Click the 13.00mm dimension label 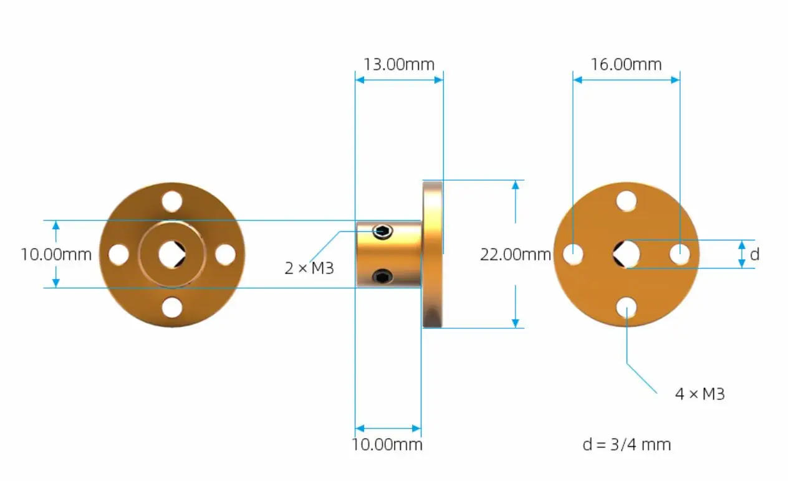pyautogui.click(x=399, y=64)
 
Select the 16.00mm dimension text pyautogui.click(x=626, y=64)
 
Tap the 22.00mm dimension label pyautogui.click(x=516, y=254)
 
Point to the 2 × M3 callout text pyautogui.click(x=309, y=269)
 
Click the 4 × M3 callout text pyautogui.click(x=700, y=394)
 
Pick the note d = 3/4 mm pyautogui.click(x=627, y=444)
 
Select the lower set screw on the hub pyautogui.click(x=383, y=275)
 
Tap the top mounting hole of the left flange pyautogui.click(x=171, y=201)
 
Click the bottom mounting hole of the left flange pyautogui.click(x=171, y=307)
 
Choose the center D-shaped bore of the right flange pyautogui.click(x=626, y=254)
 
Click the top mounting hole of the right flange pyautogui.click(x=627, y=201)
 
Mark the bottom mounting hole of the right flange pyautogui.click(x=627, y=307)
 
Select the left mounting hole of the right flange pyautogui.click(x=573, y=254)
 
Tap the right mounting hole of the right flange pyautogui.click(x=680, y=254)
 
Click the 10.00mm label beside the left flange pyautogui.click(x=56, y=254)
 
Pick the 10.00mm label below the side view pyautogui.click(x=387, y=444)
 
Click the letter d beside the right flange pyautogui.click(x=754, y=254)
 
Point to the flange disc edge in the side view pyautogui.click(x=432, y=254)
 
